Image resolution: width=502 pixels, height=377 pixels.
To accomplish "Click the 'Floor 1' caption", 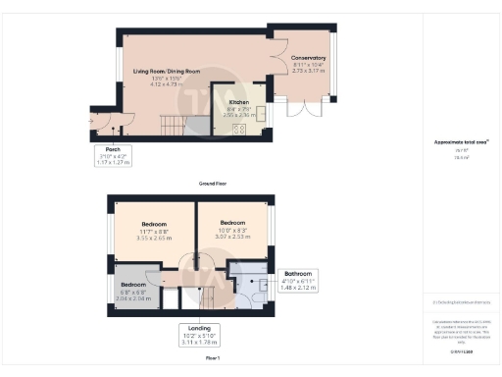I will [x=212, y=359].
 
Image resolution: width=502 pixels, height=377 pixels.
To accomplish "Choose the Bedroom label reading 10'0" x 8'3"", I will [x=231, y=228].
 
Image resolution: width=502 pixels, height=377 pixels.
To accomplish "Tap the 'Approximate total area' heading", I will [x=461, y=141].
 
